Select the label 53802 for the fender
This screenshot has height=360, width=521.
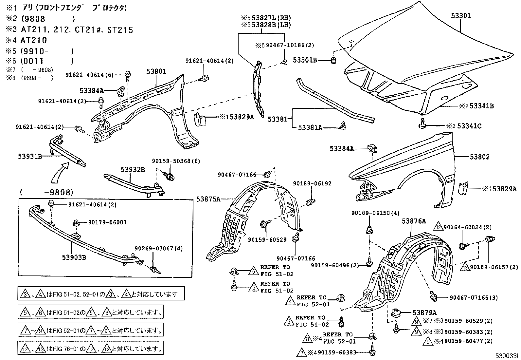[x=480, y=157]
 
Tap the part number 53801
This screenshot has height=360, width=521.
[x=156, y=71]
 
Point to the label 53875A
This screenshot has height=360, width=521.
[x=208, y=199]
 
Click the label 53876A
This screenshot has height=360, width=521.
[x=414, y=221]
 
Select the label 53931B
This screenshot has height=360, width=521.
[x=30, y=157]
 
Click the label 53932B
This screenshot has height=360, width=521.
[x=133, y=169]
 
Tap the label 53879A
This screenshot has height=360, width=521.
[x=424, y=313]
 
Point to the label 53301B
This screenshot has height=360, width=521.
[x=305, y=60]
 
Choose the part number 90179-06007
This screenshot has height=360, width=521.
[x=107, y=222]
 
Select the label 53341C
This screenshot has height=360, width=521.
[x=469, y=126]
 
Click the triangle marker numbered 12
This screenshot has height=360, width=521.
[x=438, y=227]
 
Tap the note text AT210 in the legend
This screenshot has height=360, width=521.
[x=34, y=40]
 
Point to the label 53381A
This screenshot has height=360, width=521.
[x=310, y=127]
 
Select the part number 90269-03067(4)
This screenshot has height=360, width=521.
[x=159, y=249]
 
